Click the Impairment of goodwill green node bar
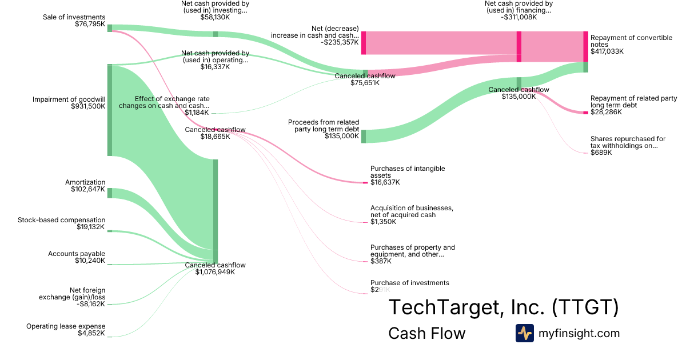[x=110, y=110]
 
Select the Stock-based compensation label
[x=62, y=220]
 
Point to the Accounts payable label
[x=77, y=254]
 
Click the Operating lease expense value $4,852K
[x=91, y=333]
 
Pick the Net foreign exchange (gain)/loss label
[x=72, y=294]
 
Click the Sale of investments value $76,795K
[x=90, y=24]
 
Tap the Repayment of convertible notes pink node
[x=585, y=46]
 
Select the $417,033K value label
[x=607, y=51]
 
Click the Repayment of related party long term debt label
[x=633, y=102]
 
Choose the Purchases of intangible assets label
[x=408, y=172]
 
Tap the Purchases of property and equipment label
[x=413, y=251]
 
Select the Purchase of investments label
[x=410, y=283]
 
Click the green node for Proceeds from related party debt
[x=364, y=136]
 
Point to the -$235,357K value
[x=340, y=42]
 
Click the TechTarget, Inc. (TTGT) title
[x=503, y=307]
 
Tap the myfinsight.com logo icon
[x=524, y=333]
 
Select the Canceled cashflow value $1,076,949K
[x=215, y=272]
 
